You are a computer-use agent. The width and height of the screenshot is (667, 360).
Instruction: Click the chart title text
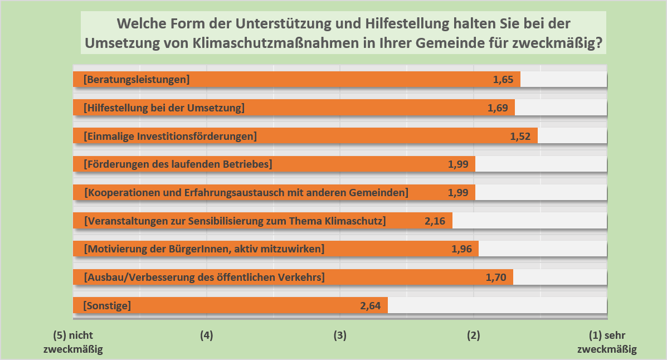pos(343,34)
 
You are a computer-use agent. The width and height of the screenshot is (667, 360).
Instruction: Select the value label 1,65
pos(503,80)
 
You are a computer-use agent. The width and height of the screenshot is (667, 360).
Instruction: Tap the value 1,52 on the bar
pos(520,136)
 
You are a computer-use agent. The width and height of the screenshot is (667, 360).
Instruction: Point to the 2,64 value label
pos(371,305)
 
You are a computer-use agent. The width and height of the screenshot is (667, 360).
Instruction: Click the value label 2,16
pos(435,221)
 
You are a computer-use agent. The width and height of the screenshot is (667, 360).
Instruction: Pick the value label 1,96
pos(461,249)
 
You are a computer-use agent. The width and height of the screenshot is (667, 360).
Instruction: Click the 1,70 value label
pos(495,277)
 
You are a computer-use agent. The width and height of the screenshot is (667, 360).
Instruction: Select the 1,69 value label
pos(497,108)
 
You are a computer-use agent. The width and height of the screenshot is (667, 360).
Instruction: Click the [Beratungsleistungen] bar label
pos(137,80)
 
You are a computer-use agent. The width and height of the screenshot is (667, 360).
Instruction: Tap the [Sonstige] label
pos(107,305)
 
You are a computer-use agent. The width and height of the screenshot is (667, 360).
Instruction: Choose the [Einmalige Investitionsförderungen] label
pos(170,136)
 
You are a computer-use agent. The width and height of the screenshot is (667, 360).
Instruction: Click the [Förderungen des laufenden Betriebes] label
pos(178,164)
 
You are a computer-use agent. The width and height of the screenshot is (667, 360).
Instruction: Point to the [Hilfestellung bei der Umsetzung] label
pos(164,108)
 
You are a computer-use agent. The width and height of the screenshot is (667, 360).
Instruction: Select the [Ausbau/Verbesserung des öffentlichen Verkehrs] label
pos(204,277)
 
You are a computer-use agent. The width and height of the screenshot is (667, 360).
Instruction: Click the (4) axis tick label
pos(206,336)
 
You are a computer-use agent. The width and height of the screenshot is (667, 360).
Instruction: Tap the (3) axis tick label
pos(340,336)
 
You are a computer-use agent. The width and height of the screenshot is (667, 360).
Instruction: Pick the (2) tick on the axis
pos(473,336)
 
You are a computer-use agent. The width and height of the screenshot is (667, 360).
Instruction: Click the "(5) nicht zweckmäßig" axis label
pos(73,343)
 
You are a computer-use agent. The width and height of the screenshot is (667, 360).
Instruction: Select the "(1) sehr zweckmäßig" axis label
pos(607,343)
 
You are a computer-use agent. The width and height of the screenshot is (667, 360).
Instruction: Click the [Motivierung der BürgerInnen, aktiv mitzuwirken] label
pos(204,249)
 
